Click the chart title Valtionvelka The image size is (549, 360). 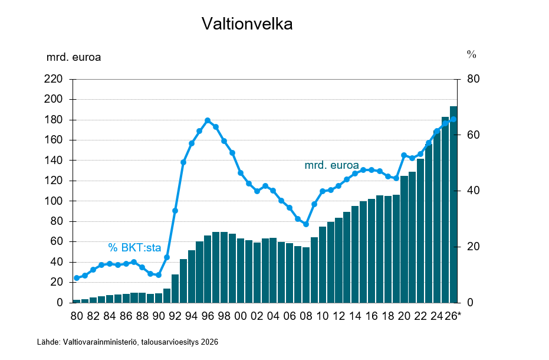pos(246,24)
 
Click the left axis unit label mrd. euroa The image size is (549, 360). pos(74,57)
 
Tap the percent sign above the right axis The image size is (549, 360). pos(471,54)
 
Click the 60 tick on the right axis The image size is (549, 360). pos(473,135)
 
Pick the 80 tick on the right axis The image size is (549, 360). pos(473,79)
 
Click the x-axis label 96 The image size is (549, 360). pos(208,316)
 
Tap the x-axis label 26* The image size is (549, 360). pos(453,316)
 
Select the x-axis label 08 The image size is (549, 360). pos(305,316)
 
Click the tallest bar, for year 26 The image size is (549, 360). pos(453,204)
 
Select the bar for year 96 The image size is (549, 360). pos(208,269)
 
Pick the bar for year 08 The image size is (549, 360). pos(306,274)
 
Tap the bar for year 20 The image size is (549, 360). pos(404,239)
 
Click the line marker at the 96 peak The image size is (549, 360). pos(208,120)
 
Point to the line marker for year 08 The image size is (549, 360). pos(306,224)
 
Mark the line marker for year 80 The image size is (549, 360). pos(77,278)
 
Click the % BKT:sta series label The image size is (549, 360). pos(134,248)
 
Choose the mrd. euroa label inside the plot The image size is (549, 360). pos(331,166)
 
